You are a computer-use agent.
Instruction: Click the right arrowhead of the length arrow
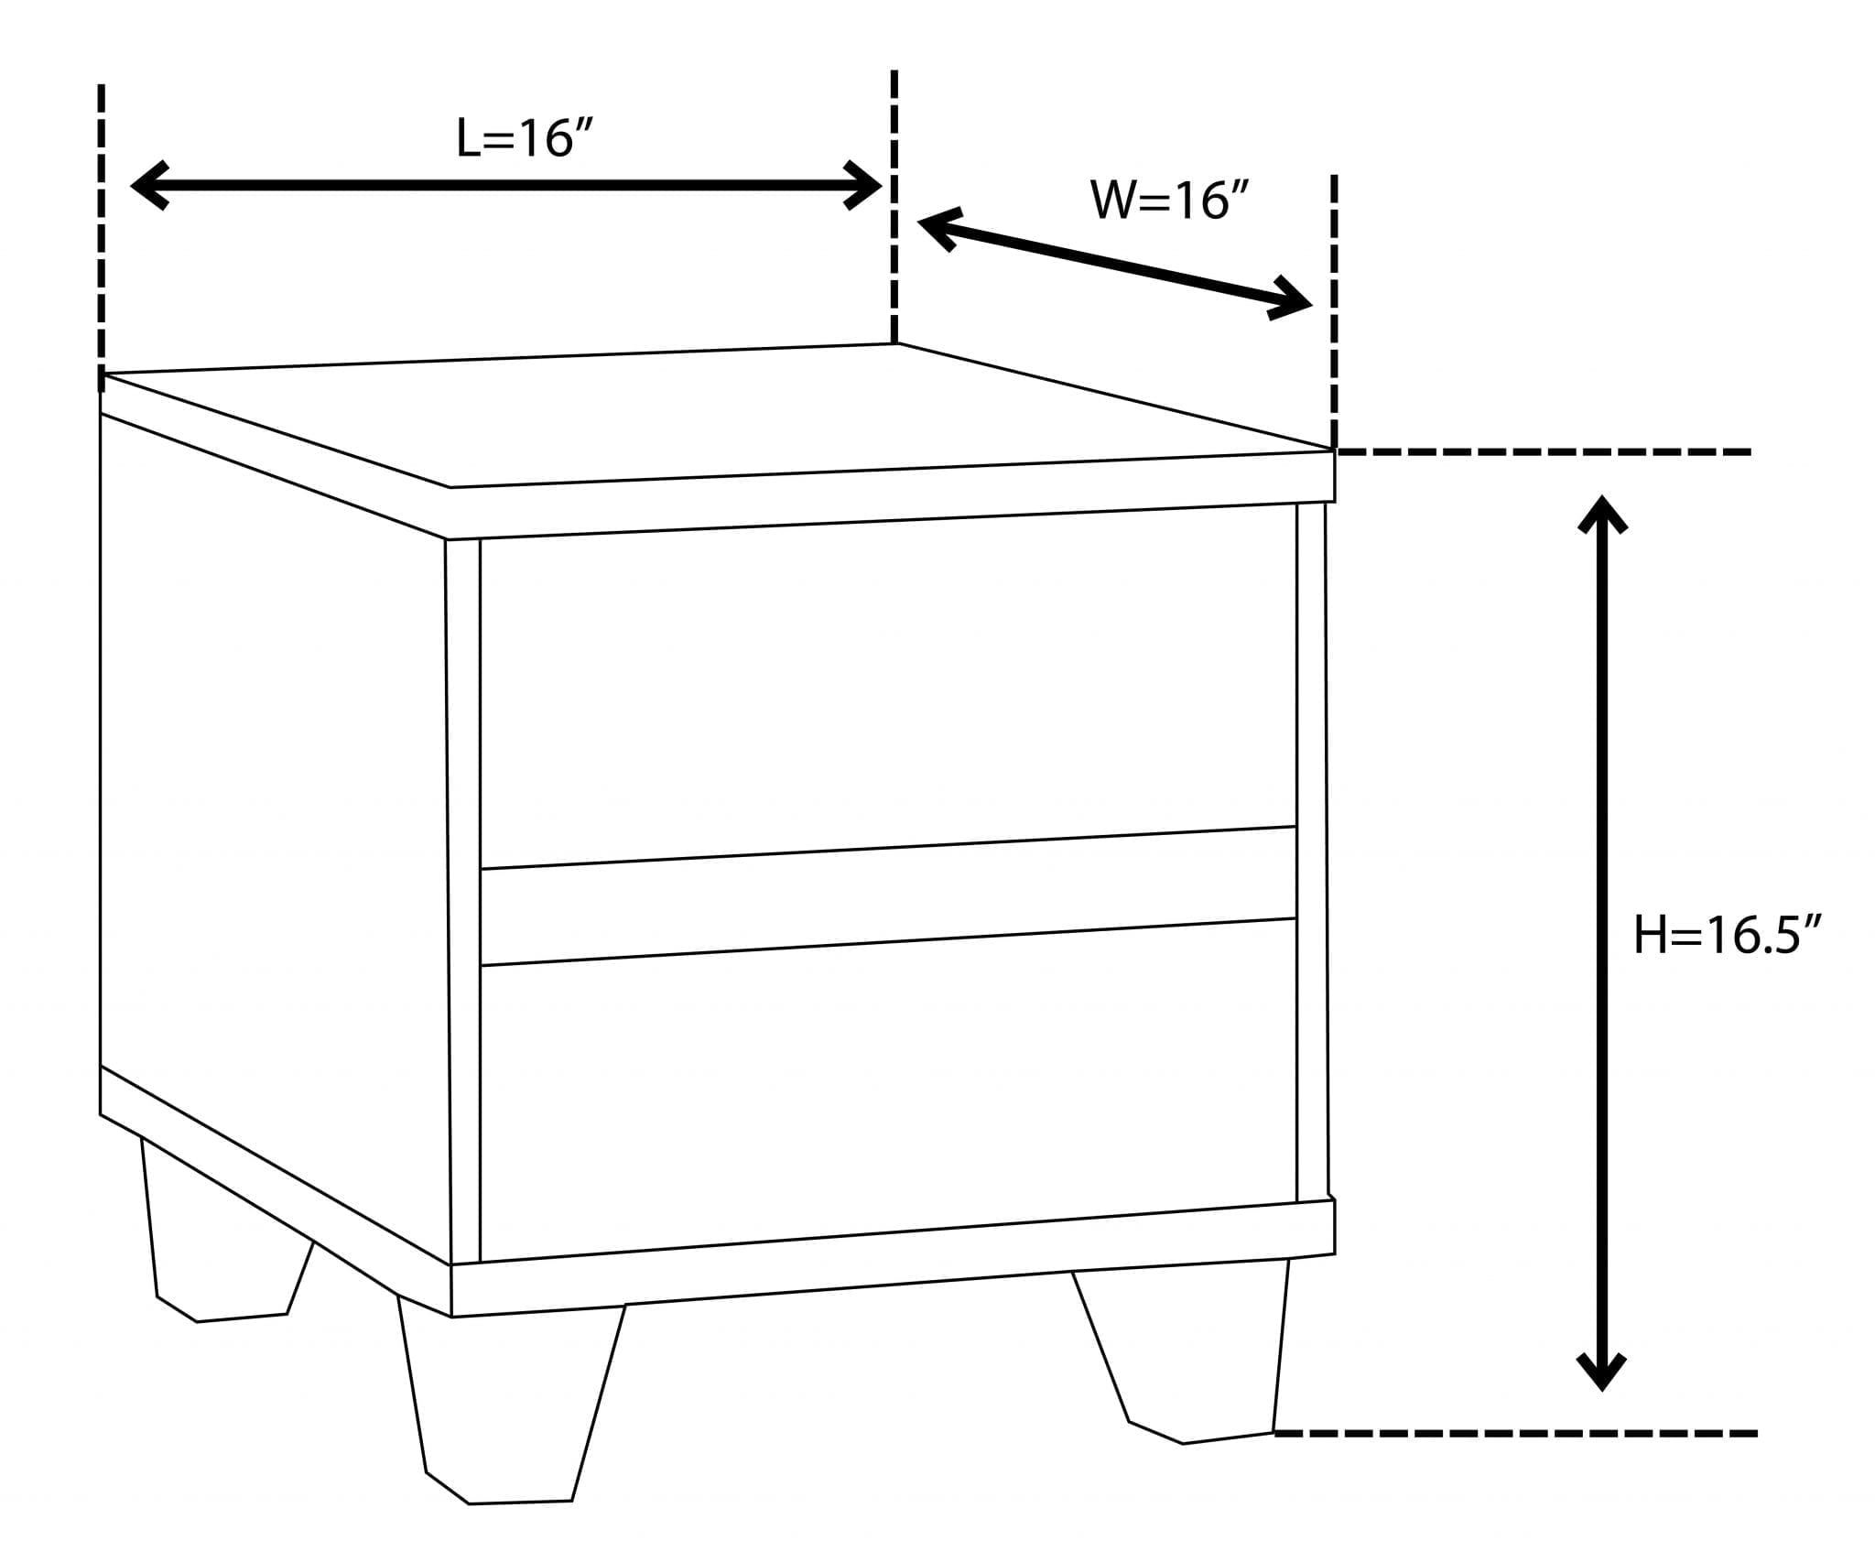864,186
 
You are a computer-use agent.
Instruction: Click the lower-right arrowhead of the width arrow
1293,299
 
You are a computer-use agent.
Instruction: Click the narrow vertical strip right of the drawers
1311,852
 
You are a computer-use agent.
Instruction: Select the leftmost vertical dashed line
102,229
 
